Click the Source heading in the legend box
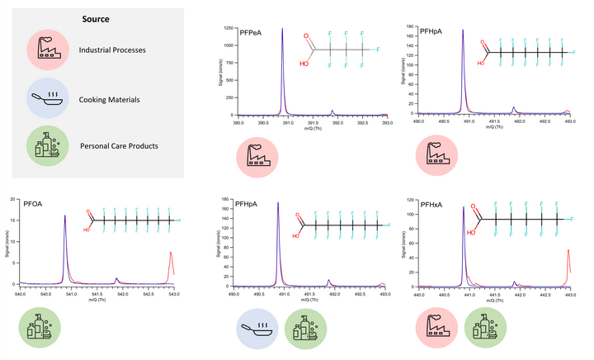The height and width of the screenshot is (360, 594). pyautogui.click(x=96, y=19)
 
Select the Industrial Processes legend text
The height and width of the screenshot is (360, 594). pyautogui.click(x=112, y=50)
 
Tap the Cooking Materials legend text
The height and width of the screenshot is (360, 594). pyautogui.click(x=110, y=100)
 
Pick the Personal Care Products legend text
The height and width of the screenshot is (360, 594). pyautogui.click(x=119, y=146)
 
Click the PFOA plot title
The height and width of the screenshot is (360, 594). pyautogui.click(x=34, y=201)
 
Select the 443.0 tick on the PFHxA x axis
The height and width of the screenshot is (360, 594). pyautogui.click(x=569, y=293)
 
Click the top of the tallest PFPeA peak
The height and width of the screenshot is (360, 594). pyautogui.click(x=282, y=29)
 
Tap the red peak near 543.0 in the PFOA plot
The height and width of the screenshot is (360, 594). pyautogui.click(x=171, y=252)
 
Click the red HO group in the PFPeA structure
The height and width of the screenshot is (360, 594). pyautogui.click(x=304, y=62)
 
